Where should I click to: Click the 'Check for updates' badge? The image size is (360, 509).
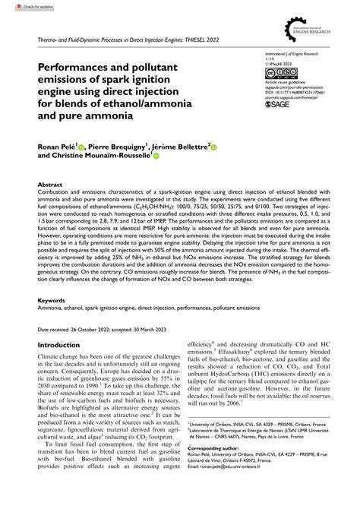pyautogui.click(x=21, y=6)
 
